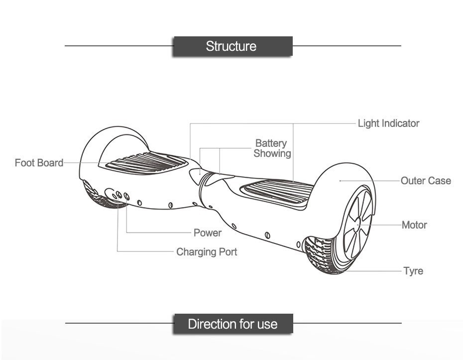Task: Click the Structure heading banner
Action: pyautogui.click(x=231, y=46)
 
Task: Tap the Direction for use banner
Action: pyautogui.click(x=232, y=324)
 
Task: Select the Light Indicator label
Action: pyautogui.click(x=388, y=123)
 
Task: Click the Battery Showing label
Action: pyautogui.click(x=272, y=148)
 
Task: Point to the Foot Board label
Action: pyautogui.click(x=39, y=163)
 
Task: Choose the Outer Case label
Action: pyautogui.click(x=426, y=181)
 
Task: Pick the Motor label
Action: pyautogui.click(x=414, y=225)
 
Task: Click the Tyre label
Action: pyautogui.click(x=413, y=271)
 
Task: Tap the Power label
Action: pyautogui.click(x=208, y=233)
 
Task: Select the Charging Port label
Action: pyautogui.click(x=207, y=252)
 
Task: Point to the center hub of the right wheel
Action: pyautogui.click(x=358, y=225)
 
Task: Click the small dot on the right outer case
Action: pyautogui.click(x=340, y=181)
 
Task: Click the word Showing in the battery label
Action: pyautogui.click(x=272, y=153)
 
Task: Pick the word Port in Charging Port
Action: pyautogui.click(x=228, y=252)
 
